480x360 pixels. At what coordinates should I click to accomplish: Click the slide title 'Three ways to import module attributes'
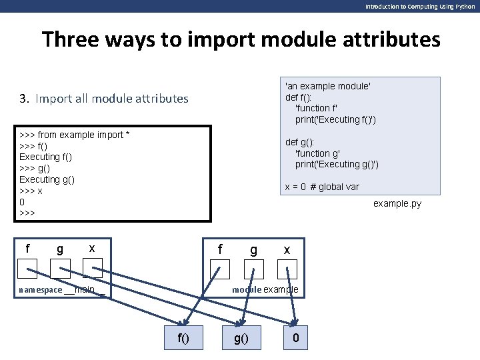pos(241,39)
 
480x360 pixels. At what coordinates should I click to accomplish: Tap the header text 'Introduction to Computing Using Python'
pos(419,6)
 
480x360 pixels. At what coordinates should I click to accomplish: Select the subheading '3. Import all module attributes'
pos(104,99)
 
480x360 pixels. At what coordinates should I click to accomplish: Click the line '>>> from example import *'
pos(75,135)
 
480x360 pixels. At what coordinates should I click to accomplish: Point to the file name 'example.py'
pos(397,203)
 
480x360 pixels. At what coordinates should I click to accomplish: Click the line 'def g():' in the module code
pos(301,142)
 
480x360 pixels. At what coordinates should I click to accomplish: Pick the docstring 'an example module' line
pos(327,86)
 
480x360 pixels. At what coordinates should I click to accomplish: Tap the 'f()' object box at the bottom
pos(183,339)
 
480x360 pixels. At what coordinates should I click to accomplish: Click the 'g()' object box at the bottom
pos(241,339)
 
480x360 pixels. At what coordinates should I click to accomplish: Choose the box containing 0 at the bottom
pos(296,339)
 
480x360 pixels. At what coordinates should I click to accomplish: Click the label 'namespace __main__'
pos(62,290)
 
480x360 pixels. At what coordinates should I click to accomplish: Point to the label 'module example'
pos(265,290)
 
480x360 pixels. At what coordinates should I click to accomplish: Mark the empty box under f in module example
pos(219,269)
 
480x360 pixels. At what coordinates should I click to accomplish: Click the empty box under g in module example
pos(253,269)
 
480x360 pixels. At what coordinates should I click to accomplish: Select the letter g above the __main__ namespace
pos(60,249)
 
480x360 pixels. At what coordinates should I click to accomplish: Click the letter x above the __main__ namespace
pos(91,249)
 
